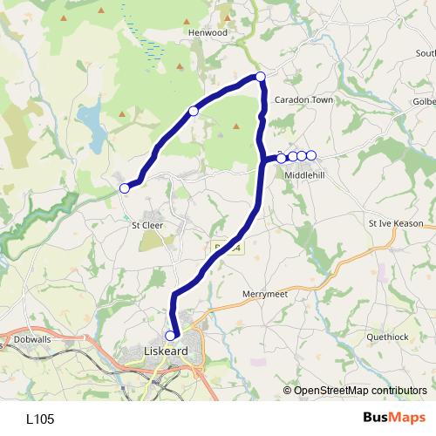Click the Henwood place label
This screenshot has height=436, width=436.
(208, 32)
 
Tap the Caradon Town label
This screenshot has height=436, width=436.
(304, 100)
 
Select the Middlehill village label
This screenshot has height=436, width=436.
(303, 174)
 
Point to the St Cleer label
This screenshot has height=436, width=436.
(146, 225)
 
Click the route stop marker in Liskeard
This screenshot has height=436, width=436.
(171, 335)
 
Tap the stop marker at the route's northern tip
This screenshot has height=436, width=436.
(260, 77)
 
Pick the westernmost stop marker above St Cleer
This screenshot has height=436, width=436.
(125, 188)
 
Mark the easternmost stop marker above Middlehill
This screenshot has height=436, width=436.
(311, 156)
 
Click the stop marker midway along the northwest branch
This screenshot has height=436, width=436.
(194, 111)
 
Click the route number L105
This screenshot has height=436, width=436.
(40, 419)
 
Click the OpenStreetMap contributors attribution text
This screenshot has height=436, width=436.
(360, 391)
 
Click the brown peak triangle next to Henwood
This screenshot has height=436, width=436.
(226, 17)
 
